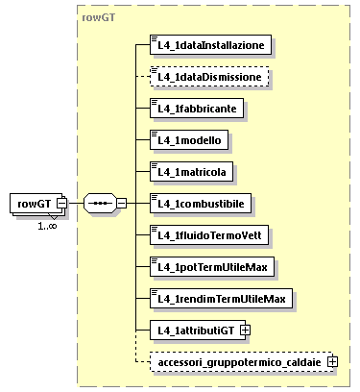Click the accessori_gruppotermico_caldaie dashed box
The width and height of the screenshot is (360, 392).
pyautogui.click(x=239, y=361)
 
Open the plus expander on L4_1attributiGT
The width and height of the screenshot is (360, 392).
pyautogui.click(x=245, y=330)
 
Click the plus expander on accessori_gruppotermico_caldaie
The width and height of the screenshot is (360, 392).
pyautogui.click(x=332, y=361)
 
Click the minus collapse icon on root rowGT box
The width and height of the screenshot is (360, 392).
pyautogui.click(x=61, y=204)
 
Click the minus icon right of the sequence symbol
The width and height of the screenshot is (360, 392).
pyautogui.click(x=121, y=204)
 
